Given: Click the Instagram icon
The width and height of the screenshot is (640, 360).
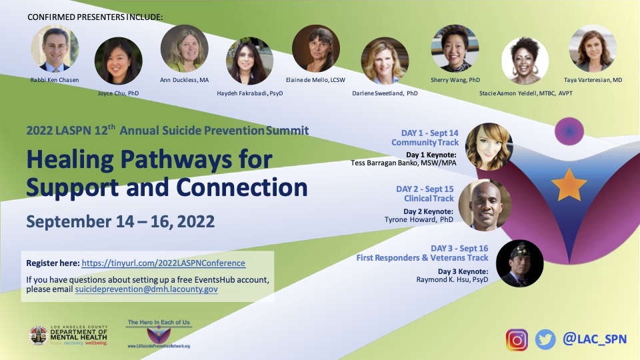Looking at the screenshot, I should click(x=517, y=339).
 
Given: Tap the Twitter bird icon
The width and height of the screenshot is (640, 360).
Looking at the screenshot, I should click(x=545, y=339).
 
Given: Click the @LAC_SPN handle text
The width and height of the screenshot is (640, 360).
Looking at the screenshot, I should click(x=595, y=339).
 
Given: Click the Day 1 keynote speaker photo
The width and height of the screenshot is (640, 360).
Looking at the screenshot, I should click(x=488, y=147).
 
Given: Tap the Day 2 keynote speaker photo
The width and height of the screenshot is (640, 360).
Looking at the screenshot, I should click(x=485, y=204).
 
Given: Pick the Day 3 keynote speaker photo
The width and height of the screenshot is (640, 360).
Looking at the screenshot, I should click(x=520, y=263).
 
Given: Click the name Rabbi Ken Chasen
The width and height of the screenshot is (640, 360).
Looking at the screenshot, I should click(x=54, y=80).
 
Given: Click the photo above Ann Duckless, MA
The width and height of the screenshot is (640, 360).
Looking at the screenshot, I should click(x=184, y=49).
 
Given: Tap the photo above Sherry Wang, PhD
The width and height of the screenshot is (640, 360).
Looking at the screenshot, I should click(x=455, y=48).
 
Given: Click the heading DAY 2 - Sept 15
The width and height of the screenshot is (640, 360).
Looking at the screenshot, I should click(x=425, y=189).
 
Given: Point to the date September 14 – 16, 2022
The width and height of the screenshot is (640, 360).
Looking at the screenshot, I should click(x=120, y=221).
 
